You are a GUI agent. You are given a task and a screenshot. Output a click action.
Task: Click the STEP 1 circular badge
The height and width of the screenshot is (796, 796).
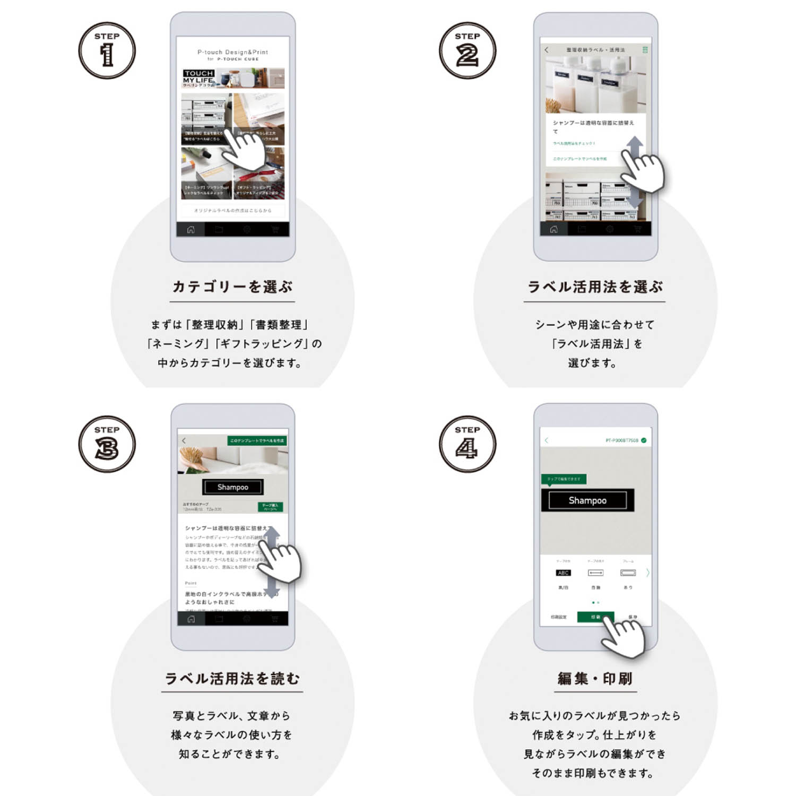pyautogui.click(x=107, y=51)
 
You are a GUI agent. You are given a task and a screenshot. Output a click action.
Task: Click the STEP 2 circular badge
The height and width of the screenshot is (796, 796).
pyautogui.click(x=467, y=51)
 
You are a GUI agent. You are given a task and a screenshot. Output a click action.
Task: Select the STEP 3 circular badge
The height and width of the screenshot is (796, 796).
pyautogui.click(x=107, y=444)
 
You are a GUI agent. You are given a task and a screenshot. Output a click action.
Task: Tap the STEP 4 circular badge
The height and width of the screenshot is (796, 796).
pyautogui.click(x=467, y=444)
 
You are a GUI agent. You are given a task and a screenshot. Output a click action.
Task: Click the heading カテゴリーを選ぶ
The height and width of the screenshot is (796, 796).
pyautogui.click(x=232, y=287)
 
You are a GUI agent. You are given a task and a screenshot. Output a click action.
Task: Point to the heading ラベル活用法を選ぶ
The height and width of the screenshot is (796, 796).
pyautogui.click(x=594, y=287)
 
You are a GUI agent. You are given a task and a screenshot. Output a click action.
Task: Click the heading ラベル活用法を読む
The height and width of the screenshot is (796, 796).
pyautogui.click(x=232, y=678)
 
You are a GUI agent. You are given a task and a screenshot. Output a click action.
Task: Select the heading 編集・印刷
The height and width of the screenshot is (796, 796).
pyautogui.click(x=594, y=678)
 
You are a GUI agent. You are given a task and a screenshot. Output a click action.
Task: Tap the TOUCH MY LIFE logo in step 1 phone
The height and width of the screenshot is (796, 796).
pyautogui.click(x=198, y=77)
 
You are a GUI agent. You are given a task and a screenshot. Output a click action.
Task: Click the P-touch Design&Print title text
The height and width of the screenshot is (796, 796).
pyautogui.click(x=232, y=52)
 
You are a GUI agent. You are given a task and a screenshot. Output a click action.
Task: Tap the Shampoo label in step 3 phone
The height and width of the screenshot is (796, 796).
pyautogui.click(x=232, y=487)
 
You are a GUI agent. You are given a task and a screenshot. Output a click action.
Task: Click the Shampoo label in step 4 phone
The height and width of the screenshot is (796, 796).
pyautogui.click(x=587, y=500)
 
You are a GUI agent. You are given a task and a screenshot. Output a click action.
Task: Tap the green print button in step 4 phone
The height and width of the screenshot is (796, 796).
pyautogui.click(x=595, y=617)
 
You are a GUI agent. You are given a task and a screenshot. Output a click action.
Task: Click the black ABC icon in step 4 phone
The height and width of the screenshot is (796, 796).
pyautogui.click(x=563, y=573)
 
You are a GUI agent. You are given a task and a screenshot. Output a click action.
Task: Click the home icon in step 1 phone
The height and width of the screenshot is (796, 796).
pyautogui.click(x=191, y=230)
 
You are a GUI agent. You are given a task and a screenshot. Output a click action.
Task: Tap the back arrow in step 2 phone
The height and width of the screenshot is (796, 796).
pyautogui.click(x=547, y=50)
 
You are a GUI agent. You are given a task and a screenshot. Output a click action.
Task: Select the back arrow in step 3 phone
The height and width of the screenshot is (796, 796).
pyautogui.click(x=184, y=440)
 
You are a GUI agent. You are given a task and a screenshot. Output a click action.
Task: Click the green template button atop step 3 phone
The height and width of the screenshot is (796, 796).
pyautogui.click(x=257, y=440)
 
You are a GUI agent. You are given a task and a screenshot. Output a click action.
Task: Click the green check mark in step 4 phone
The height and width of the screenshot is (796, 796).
pyautogui.click(x=644, y=440)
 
